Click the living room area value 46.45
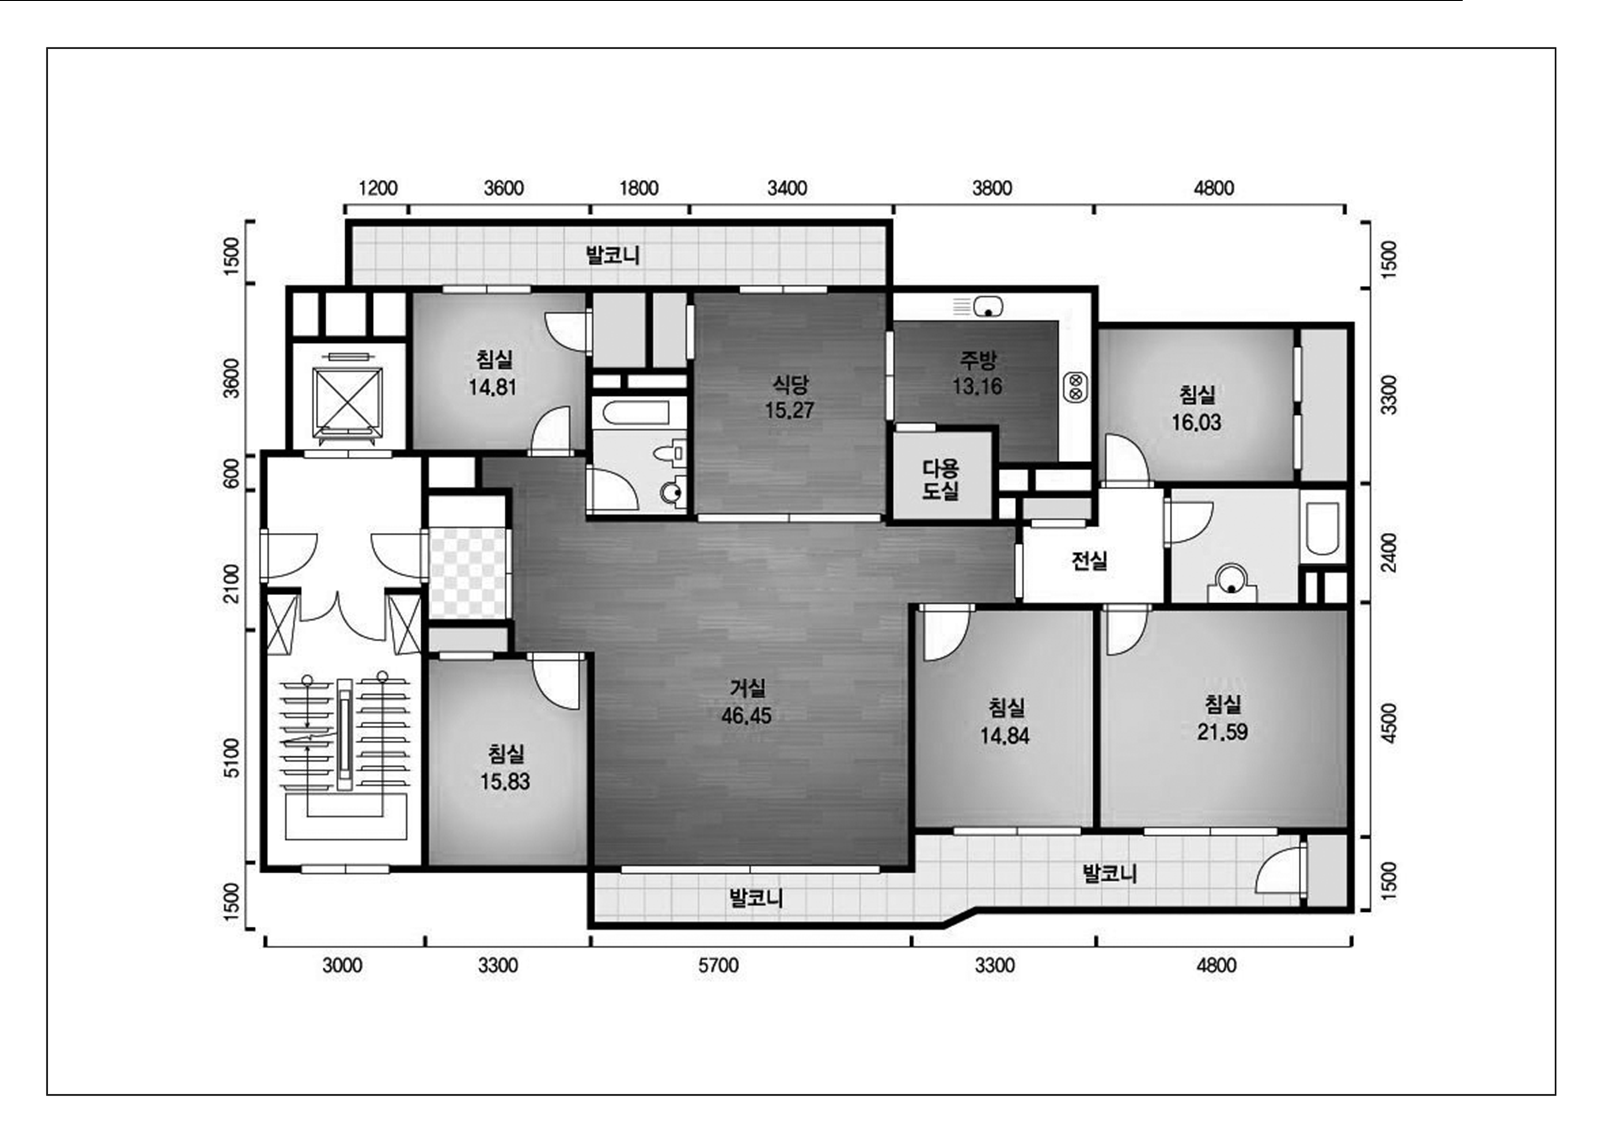[x=746, y=716]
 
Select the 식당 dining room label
[x=789, y=384]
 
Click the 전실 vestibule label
[x=1090, y=560]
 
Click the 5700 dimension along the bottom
[x=718, y=965]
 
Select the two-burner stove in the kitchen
[x=1076, y=387]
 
